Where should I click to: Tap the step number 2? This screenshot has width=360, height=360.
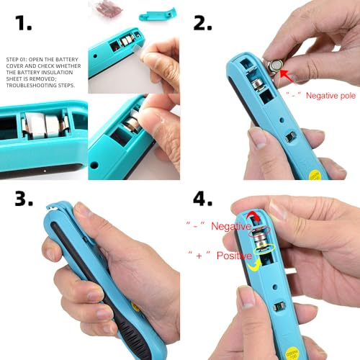[203, 23]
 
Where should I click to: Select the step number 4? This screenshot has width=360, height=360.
[204, 199]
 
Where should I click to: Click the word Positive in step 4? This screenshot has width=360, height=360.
[231, 255]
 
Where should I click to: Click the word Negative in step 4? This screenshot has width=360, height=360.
[230, 227]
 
